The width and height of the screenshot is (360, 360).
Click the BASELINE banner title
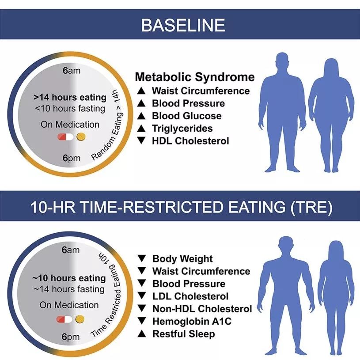(x=183, y=25)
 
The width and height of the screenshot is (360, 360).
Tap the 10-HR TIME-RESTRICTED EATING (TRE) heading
(x=182, y=207)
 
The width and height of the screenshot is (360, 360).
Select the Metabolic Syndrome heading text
(x=195, y=77)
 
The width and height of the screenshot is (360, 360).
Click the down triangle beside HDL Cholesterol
(x=141, y=140)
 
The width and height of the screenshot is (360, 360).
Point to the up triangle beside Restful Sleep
(x=142, y=333)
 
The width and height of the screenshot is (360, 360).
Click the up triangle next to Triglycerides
(x=141, y=128)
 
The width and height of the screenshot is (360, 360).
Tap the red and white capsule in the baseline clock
(x=66, y=137)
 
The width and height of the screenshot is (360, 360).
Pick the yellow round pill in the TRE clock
(x=80, y=319)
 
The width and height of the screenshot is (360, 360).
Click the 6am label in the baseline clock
(x=72, y=70)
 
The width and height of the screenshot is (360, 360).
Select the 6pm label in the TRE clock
(x=71, y=337)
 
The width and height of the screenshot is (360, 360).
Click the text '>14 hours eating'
(x=70, y=97)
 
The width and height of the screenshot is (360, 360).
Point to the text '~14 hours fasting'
(x=69, y=289)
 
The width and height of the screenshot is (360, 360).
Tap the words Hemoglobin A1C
(x=192, y=321)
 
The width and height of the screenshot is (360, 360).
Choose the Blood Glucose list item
(x=187, y=116)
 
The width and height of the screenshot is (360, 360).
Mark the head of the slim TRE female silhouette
(x=336, y=251)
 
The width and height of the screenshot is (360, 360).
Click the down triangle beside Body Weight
(x=142, y=258)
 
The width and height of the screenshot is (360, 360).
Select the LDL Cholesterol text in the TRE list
(x=190, y=296)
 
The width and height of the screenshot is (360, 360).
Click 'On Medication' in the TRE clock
(x=69, y=305)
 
